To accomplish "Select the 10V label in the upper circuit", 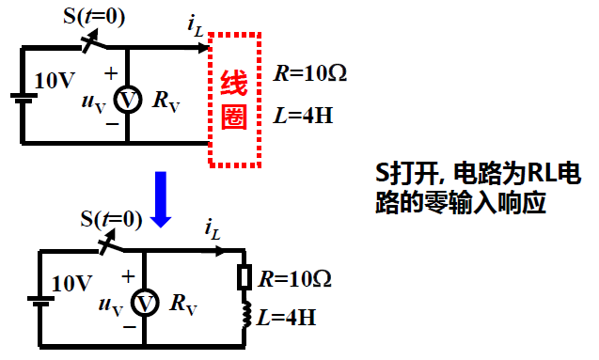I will pos(52,81).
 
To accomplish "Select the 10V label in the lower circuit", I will pos(71,283).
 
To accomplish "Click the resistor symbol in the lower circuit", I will pos(244,278).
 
